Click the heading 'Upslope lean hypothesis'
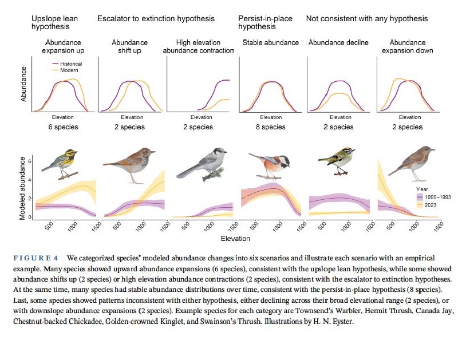click(54, 22)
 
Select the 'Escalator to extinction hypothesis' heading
click(156, 19)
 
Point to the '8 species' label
click(271, 127)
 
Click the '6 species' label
click(63, 127)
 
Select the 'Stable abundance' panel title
click(271, 42)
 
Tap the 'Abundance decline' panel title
click(338, 42)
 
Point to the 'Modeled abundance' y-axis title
click(23, 187)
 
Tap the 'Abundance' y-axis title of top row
click(24, 84)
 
